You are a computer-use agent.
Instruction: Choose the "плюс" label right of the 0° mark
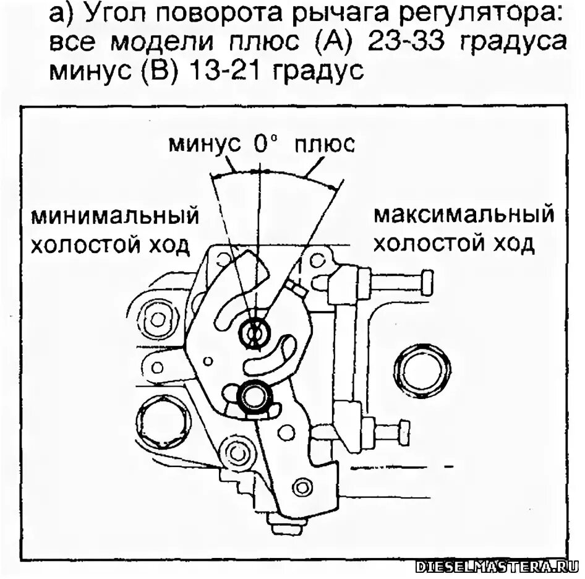point(325,145)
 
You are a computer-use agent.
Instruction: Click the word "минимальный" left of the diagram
point(116,217)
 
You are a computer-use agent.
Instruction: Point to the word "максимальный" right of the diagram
point(464,215)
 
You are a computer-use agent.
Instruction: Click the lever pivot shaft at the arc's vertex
point(253,335)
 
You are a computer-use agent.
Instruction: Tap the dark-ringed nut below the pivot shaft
point(253,397)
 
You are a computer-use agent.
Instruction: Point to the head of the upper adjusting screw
point(427,282)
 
